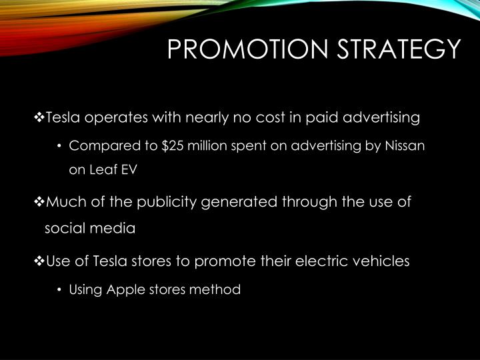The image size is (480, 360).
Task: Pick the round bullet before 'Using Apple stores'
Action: click(60, 290)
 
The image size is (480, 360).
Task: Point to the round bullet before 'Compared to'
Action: click(60, 146)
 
